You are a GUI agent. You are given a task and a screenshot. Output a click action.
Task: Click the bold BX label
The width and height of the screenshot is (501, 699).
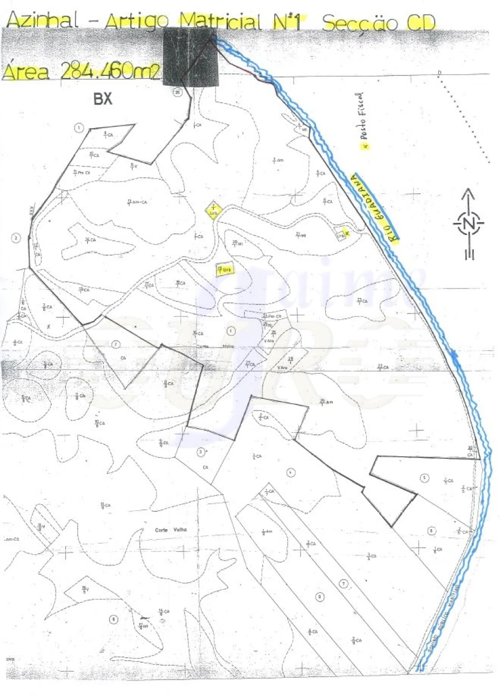click(103, 99)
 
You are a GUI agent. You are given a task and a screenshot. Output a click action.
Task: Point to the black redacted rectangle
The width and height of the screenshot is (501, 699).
click(191, 58)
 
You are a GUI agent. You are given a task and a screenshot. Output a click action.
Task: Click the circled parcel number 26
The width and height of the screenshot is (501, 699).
click(178, 92)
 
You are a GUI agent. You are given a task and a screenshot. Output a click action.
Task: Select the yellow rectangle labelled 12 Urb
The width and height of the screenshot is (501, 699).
click(225, 270)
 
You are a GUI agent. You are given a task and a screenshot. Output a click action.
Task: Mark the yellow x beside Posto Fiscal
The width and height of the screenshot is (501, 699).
click(365, 146)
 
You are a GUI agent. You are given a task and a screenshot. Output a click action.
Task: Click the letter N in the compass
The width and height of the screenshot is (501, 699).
click(469, 224)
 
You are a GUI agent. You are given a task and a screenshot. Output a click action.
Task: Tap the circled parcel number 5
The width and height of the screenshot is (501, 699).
click(425, 477)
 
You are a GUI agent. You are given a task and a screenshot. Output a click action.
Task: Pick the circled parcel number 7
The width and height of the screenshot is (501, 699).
click(344, 583)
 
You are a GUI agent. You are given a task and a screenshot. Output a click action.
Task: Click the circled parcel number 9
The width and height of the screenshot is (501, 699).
click(320, 597)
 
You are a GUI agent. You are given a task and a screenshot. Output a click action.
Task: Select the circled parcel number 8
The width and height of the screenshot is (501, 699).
click(114, 619)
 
